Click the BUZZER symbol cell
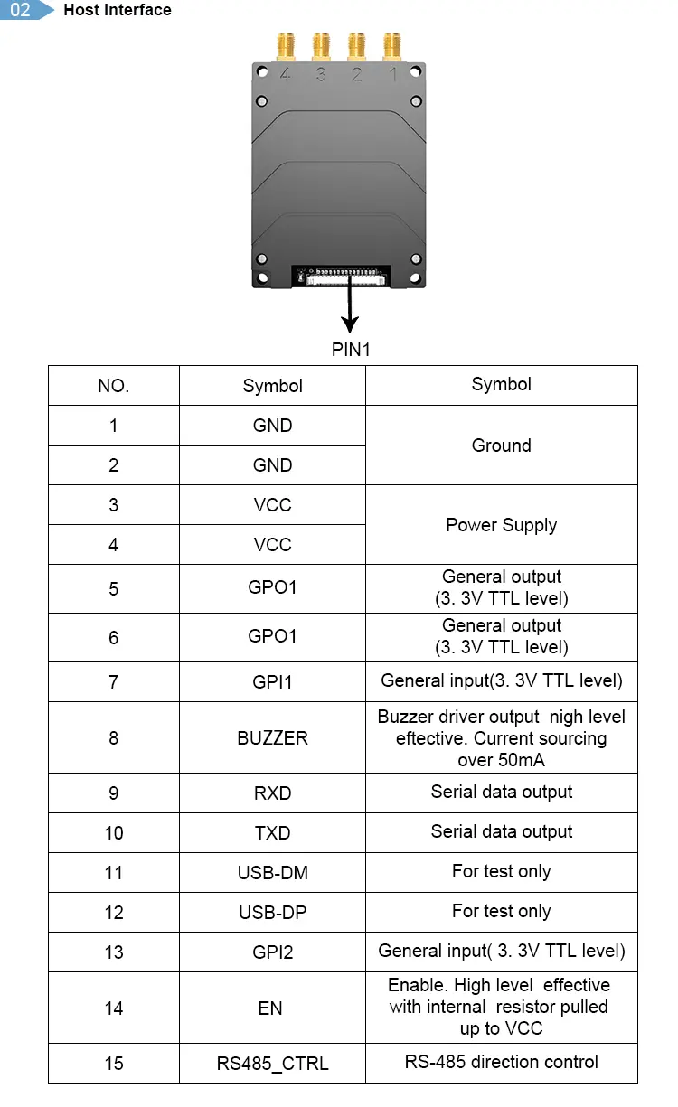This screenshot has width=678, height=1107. coord(272,738)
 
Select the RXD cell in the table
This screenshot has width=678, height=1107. coord(272,793)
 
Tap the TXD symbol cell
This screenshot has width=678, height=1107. coord(272,832)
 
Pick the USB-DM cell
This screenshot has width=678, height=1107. coord(272,872)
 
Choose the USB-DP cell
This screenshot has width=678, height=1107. coord(272,912)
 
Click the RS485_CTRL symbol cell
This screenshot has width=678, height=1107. coord(272,1064)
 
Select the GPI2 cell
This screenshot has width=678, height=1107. coord(272,952)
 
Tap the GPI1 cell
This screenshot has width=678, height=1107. coord(272,681)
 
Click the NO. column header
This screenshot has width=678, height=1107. coord(113,386)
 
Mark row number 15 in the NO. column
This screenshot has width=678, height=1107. coord(113,1064)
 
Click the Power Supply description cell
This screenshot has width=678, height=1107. coord(501,525)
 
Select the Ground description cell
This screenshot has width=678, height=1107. coord(501,446)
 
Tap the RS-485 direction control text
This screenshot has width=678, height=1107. coord(501,1062)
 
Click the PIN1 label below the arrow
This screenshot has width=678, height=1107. coord(351,350)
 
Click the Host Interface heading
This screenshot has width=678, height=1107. coord(118,10)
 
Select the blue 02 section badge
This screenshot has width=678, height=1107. coord(23,10)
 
